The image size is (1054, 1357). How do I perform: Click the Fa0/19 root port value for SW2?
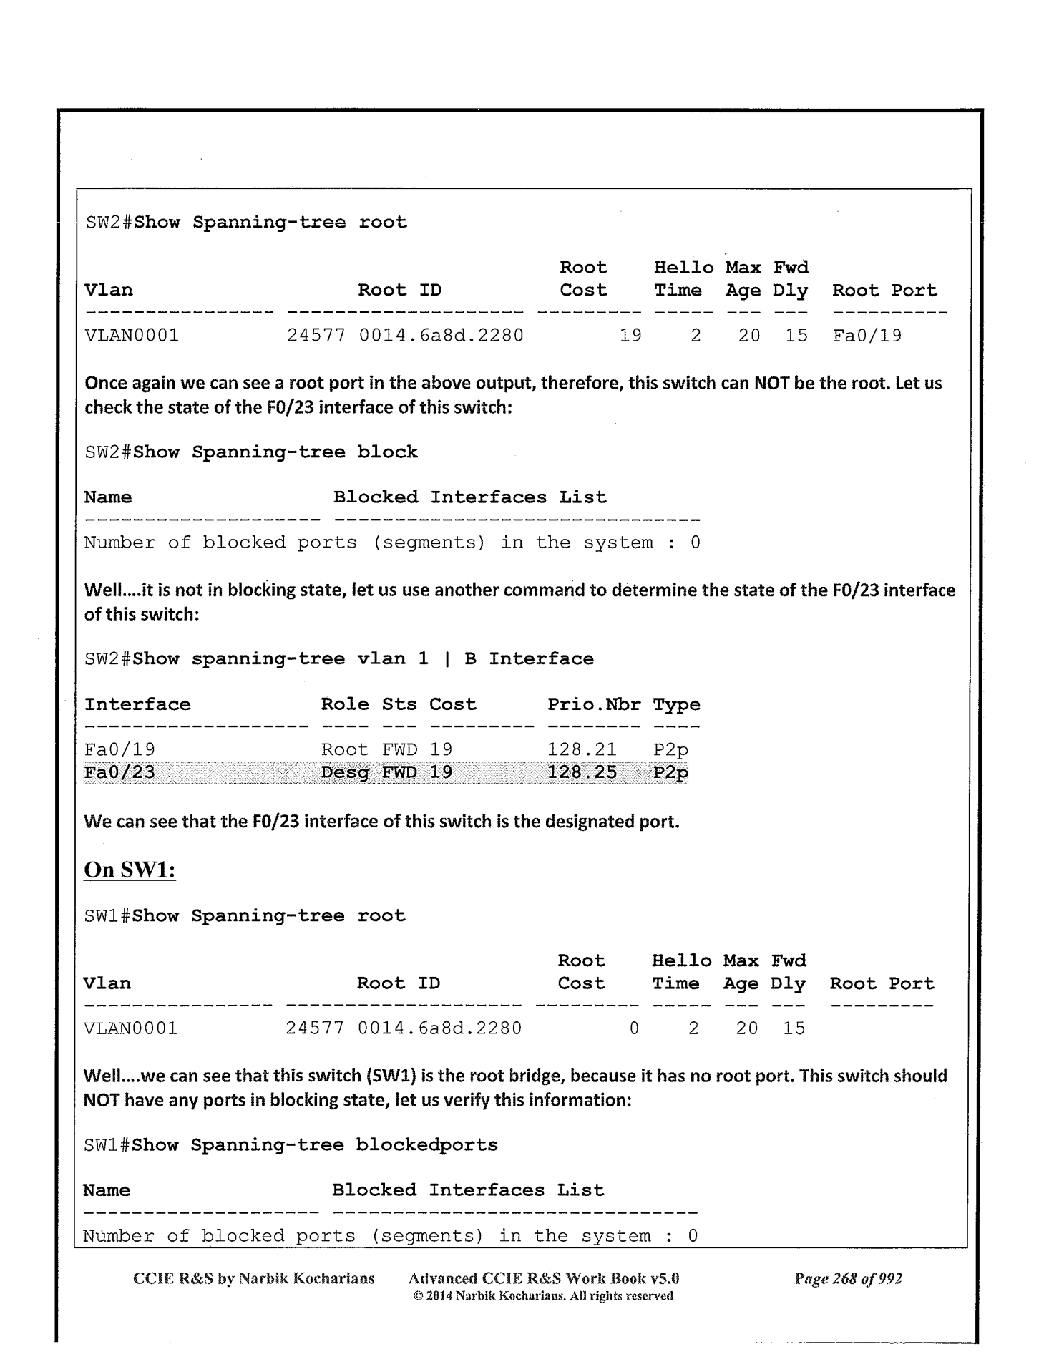point(867,335)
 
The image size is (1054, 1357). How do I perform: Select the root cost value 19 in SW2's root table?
point(630,335)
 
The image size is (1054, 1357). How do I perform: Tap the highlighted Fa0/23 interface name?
point(119,772)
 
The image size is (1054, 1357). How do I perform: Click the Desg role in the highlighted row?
point(344,772)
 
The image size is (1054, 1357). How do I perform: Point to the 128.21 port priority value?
point(582,749)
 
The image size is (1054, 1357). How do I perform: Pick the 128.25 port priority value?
point(582,772)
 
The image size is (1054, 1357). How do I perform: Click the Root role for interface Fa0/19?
point(344,749)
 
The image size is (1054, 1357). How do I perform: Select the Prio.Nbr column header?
point(594,704)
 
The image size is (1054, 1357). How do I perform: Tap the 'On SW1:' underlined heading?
point(130,870)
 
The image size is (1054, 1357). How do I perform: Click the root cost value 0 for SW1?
point(633,1028)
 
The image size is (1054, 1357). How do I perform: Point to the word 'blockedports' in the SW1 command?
point(426,1144)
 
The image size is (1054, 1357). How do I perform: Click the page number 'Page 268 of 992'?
point(848,1278)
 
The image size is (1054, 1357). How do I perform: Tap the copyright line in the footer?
point(544,1296)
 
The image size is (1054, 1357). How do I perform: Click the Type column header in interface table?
point(676,704)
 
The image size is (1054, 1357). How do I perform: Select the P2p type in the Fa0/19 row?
point(670,749)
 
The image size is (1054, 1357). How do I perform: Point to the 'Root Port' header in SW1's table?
point(882,983)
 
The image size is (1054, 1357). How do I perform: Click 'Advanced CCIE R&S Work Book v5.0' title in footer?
point(544,1278)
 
